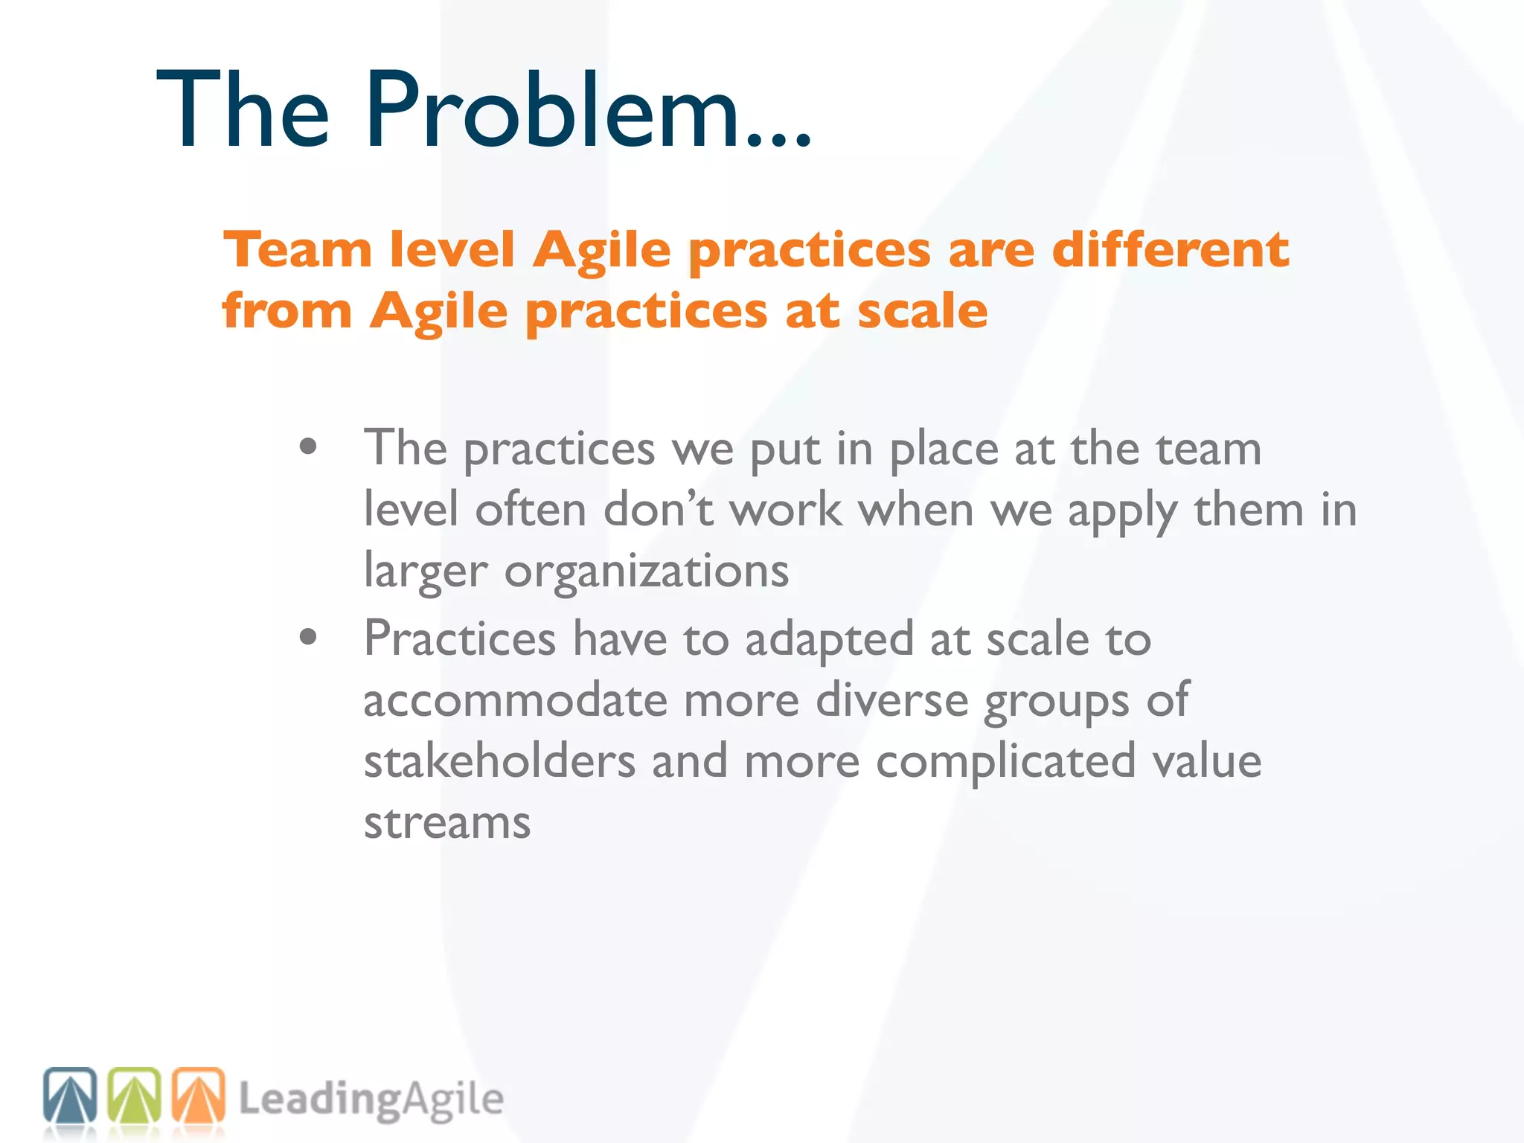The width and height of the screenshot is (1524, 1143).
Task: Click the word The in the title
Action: pyautogui.click(x=243, y=112)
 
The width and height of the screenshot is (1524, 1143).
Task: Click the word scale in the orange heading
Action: pyautogui.click(x=922, y=311)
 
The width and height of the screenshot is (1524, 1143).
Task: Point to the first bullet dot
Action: pyautogui.click(x=308, y=447)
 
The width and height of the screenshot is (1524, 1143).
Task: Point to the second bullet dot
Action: pyautogui.click(x=308, y=637)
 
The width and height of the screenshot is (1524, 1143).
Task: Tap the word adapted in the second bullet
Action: pyautogui.click(x=829, y=641)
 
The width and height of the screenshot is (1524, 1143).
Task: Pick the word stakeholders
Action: pyautogui.click(x=499, y=762)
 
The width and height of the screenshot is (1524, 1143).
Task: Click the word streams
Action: pyautogui.click(x=447, y=823)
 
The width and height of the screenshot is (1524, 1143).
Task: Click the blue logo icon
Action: pyautogui.click(x=70, y=1095)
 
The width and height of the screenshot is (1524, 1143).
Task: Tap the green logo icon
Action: pyautogui.click(x=135, y=1095)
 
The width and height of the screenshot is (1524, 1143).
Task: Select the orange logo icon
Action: pyautogui.click(x=199, y=1095)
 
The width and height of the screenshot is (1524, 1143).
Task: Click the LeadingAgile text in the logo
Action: pyautogui.click(x=371, y=1100)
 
